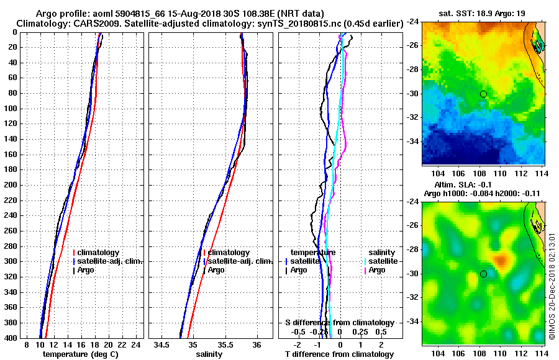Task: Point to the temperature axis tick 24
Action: click(138, 344)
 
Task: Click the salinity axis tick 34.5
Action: click(163, 344)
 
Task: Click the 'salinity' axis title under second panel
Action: click(208, 354)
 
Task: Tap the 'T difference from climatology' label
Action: click(339, 354)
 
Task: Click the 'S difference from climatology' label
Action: click(339, 323)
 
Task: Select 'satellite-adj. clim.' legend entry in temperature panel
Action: click(110, 261)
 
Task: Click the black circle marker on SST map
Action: click(483, 94)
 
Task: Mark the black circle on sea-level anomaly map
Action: click(483, 274)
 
